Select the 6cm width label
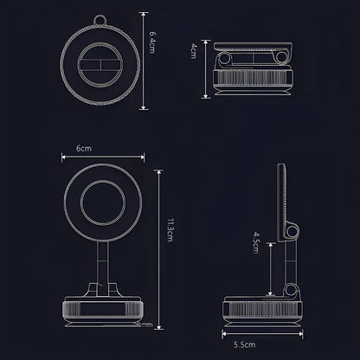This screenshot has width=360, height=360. point(83,149)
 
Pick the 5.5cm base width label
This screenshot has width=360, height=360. point(245,344)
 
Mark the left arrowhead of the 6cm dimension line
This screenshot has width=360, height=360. point(62,157)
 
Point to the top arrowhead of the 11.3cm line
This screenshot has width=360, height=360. point(158,170)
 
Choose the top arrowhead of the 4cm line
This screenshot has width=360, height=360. point(205,41)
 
